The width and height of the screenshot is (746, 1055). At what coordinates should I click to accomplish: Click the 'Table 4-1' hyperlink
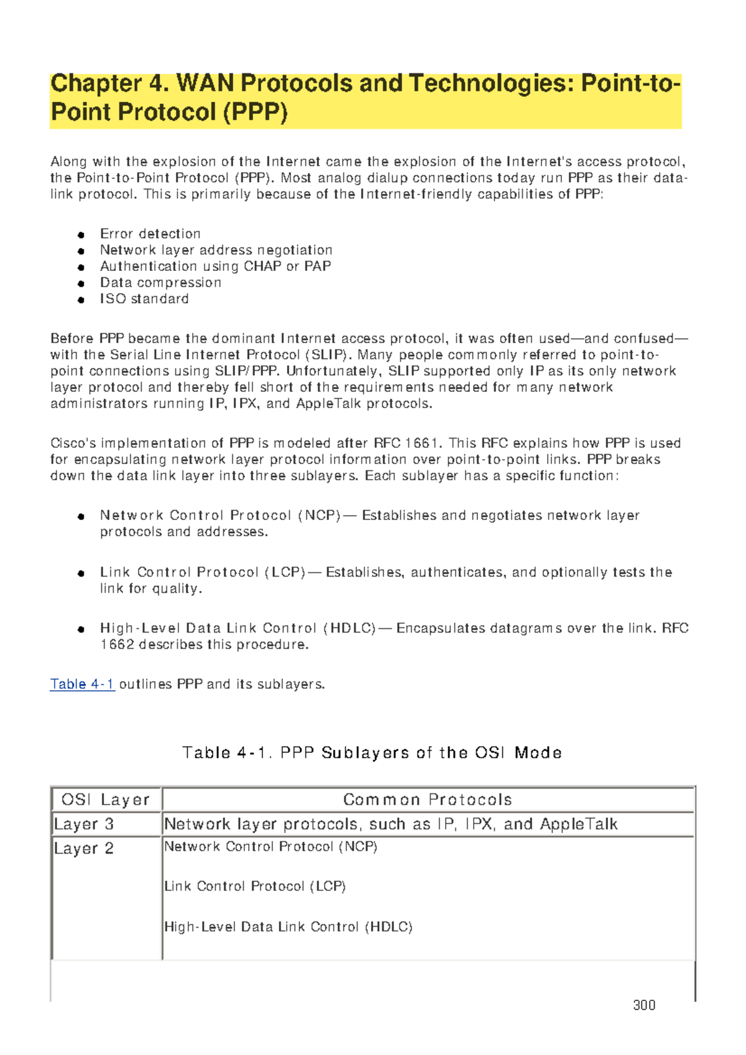[x=82, y=684]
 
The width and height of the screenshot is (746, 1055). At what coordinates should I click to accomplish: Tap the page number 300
[x=644, y=1005]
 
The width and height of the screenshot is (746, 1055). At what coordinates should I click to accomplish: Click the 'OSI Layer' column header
[x=106, y=800]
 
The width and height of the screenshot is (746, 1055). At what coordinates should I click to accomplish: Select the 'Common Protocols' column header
[x=428, y=800]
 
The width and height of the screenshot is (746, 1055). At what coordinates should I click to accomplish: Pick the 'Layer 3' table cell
[x=84, y=824]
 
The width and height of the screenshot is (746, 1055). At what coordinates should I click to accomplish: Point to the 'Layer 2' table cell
[x=84, y=849]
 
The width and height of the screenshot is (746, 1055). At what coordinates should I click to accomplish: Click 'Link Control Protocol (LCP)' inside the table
[x=255, y=887]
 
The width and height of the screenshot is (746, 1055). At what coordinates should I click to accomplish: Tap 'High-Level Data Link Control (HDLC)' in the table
[x=288, y=927]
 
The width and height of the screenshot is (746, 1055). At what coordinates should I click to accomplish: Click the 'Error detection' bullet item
[x=150, y=234]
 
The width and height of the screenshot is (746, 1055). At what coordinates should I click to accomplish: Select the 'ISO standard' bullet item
[x=144, y=299]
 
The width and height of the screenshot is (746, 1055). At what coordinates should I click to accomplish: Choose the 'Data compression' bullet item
[x=160, y=283]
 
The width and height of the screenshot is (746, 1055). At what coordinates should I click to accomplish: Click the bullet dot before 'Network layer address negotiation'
[x=81, y=251]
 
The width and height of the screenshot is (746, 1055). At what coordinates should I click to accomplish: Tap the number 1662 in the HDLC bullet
[x=117, y=645]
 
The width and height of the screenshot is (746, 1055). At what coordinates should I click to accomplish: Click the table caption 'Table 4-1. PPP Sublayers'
[x=372, y=753]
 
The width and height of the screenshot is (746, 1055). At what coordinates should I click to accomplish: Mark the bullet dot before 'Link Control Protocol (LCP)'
[x=81, y=573]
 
